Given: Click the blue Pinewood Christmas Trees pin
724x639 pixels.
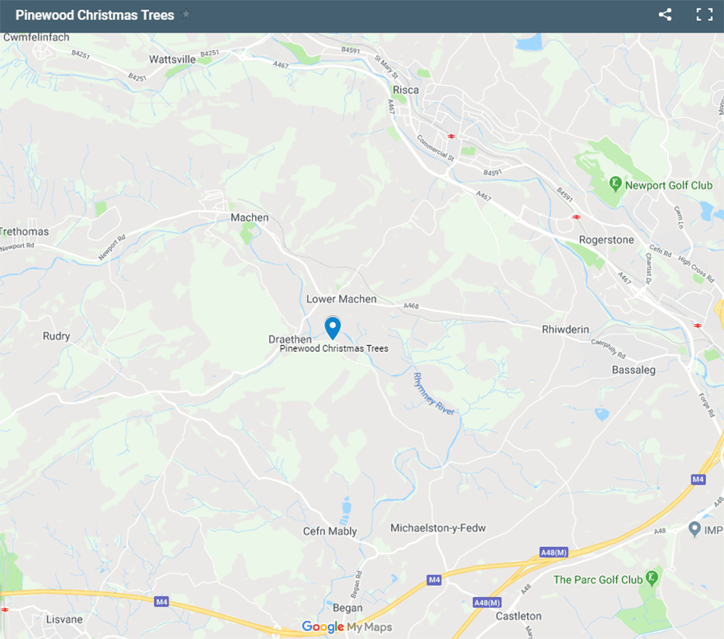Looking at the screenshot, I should [332, 326].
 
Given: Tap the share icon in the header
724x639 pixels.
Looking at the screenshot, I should [665, 14].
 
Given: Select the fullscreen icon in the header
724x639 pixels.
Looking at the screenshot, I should [704, 14].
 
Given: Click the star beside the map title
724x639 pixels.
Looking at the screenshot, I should [186, 14].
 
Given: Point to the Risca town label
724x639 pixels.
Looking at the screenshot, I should [405, 90].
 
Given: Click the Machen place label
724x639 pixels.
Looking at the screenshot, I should [249, 217].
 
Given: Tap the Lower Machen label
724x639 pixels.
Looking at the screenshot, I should [342, 299].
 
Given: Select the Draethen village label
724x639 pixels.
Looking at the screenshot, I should [290, 339].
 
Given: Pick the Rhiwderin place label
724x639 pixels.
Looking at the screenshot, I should [566, 329].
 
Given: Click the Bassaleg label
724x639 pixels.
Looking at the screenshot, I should [633, 370].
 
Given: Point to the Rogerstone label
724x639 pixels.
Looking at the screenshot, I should [606, 240].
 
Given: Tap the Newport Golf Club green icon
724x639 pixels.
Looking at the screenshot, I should [615, 184].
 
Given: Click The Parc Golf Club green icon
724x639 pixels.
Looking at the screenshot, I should [652, 578].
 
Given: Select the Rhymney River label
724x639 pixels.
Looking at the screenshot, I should [432, 394].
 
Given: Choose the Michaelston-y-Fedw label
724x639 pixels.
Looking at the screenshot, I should [438, 528].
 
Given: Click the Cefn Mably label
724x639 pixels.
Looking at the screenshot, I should [329, 531].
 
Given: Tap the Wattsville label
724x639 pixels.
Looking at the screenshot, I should [172, 59].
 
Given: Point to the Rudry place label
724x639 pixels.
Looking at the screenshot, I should [56, 336].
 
